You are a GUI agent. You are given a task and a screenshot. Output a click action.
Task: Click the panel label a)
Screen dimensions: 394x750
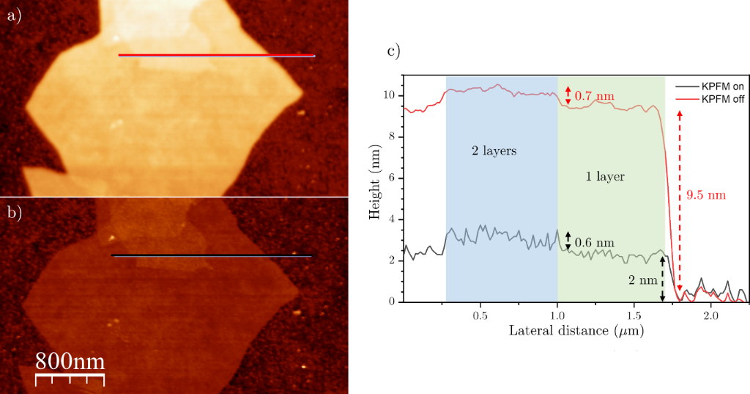tap(15, 17)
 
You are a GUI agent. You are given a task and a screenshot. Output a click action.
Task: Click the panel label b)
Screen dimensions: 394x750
tap(15, 215)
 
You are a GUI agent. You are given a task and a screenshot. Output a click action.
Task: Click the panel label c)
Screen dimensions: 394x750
tap(393, 51)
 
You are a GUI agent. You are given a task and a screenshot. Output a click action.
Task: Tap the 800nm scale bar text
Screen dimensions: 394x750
tap(70, 362)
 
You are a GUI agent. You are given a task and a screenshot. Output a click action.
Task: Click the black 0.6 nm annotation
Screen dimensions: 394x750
tap(594, 243)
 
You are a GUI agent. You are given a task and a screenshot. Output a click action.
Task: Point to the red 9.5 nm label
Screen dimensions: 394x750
tap(702, 195)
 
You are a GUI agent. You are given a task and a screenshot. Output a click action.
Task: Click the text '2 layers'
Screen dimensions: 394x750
tap(494, 151)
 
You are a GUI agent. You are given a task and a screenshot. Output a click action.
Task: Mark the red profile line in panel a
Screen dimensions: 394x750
tap(217, 55)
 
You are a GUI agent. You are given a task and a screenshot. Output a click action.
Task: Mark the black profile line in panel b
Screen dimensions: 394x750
tap(212, 256)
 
